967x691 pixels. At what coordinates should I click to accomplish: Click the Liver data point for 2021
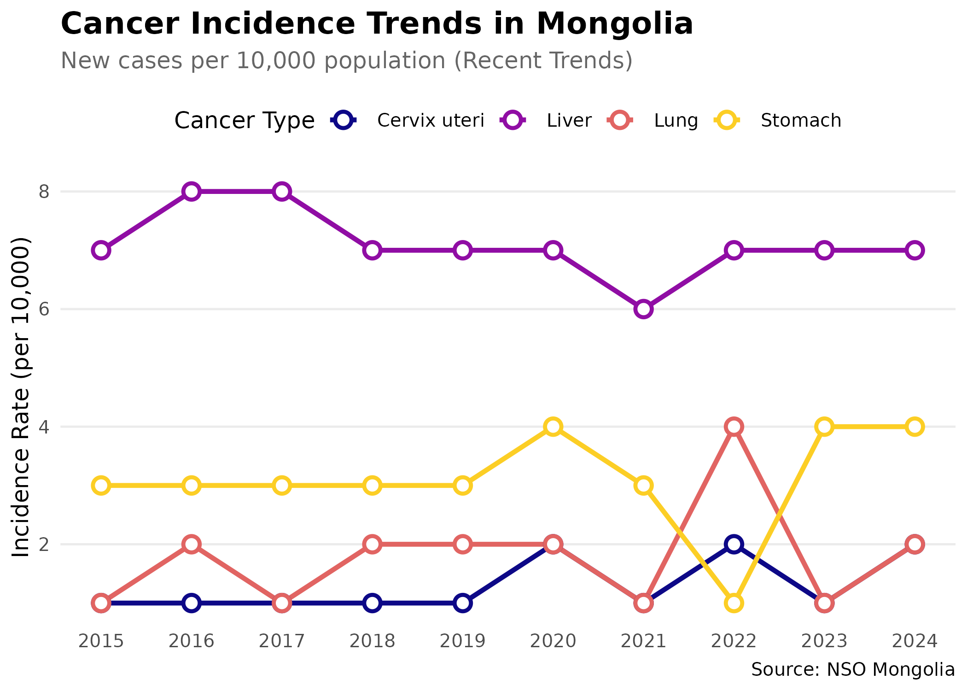[x=643, y=309]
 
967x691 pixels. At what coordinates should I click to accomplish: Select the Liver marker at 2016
[x=192, y=191]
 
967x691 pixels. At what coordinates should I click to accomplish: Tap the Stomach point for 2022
[x=734, y=603]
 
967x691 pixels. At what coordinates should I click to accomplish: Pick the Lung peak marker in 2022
[x=734, y=427]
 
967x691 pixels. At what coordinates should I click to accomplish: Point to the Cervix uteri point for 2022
[x=734, y=544]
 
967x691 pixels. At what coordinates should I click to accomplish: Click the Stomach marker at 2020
[x=553, y=427]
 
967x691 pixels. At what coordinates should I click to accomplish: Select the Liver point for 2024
[x=915, y=250]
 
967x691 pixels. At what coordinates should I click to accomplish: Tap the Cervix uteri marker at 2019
[x=463, y=603]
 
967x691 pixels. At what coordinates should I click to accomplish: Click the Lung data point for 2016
[x=192, y=544]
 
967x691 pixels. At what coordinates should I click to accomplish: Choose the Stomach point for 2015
[x=101, y=486]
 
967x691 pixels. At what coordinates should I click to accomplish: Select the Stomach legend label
[x=801, y=121]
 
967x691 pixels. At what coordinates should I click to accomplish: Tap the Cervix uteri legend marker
[x=344, y=121]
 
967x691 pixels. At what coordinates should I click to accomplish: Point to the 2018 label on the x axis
[x=372, y=641]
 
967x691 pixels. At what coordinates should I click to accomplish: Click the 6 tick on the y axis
[x=44, y=309]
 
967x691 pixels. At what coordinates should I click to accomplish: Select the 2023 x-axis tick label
[x=824, y=641]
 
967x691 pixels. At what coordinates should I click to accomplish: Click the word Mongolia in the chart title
[x=615, y=24]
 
